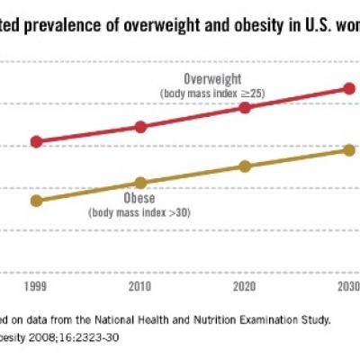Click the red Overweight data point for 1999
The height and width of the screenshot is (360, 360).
pos(36,141)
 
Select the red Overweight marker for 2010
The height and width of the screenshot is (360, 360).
pos(140,127)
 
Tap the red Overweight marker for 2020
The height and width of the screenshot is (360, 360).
pos(244,107)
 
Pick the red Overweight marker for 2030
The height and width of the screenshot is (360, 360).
pos(348,88)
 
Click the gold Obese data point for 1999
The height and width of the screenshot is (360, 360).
pos(36,201)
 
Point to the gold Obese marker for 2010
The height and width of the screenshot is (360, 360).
pos(140,183)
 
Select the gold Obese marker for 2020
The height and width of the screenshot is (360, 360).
pos(244,166)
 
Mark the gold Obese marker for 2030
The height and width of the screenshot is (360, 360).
pos(348,149)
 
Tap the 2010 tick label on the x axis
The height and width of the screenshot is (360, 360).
pos(140,286)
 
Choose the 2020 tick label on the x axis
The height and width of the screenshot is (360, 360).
pos(244,286)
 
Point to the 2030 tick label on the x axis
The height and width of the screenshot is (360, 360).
pos(347,286)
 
